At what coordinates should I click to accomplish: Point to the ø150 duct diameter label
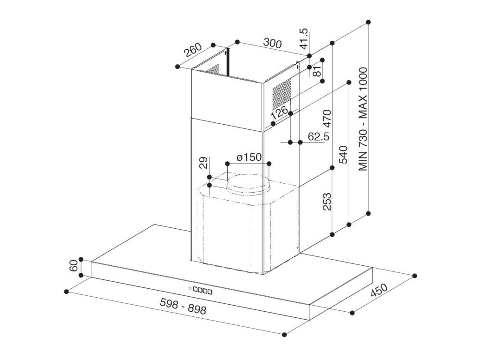248,157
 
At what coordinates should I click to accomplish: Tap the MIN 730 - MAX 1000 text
364,120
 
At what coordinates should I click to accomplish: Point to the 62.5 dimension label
318,136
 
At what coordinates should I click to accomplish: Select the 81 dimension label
317,71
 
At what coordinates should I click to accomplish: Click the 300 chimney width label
272,44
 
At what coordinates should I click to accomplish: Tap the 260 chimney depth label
192,50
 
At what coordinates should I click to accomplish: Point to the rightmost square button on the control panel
210,292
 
